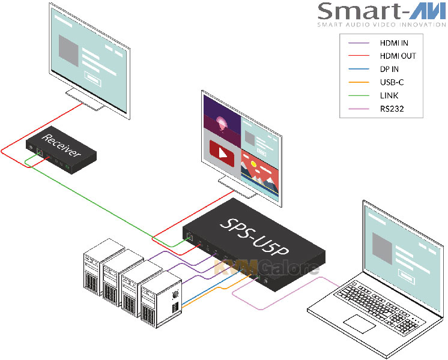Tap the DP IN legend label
pos(390,69)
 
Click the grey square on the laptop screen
pos(384,245)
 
